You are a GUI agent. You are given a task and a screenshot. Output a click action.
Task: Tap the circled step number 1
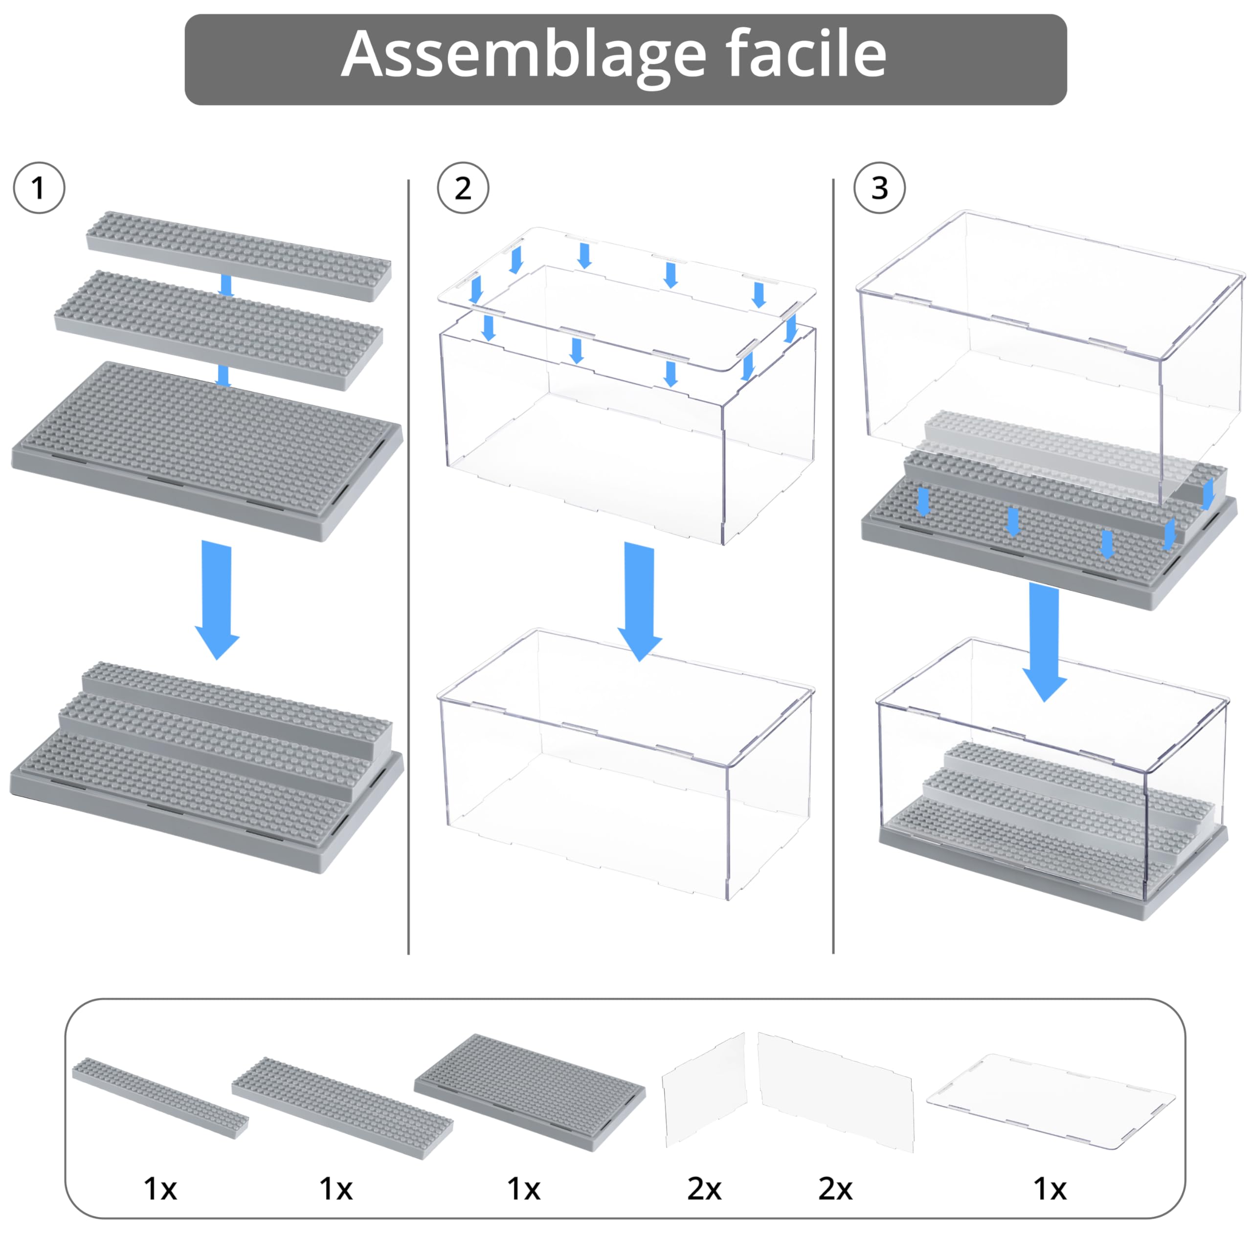(x=39, y=188)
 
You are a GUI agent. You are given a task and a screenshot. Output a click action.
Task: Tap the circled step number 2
(x=463, y=188)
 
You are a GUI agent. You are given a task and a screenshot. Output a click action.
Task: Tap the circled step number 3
(x=879, y=188)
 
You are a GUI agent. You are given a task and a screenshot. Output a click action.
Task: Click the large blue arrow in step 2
(x=640, y=600)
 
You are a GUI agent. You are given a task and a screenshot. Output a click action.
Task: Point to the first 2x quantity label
(x=704, y=1188)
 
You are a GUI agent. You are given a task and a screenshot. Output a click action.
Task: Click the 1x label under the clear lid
(x=1050, y=1188)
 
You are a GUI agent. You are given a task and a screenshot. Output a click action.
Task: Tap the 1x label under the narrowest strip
(x=160, y=1188)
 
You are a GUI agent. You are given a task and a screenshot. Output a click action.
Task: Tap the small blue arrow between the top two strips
(x=226, y=285)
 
